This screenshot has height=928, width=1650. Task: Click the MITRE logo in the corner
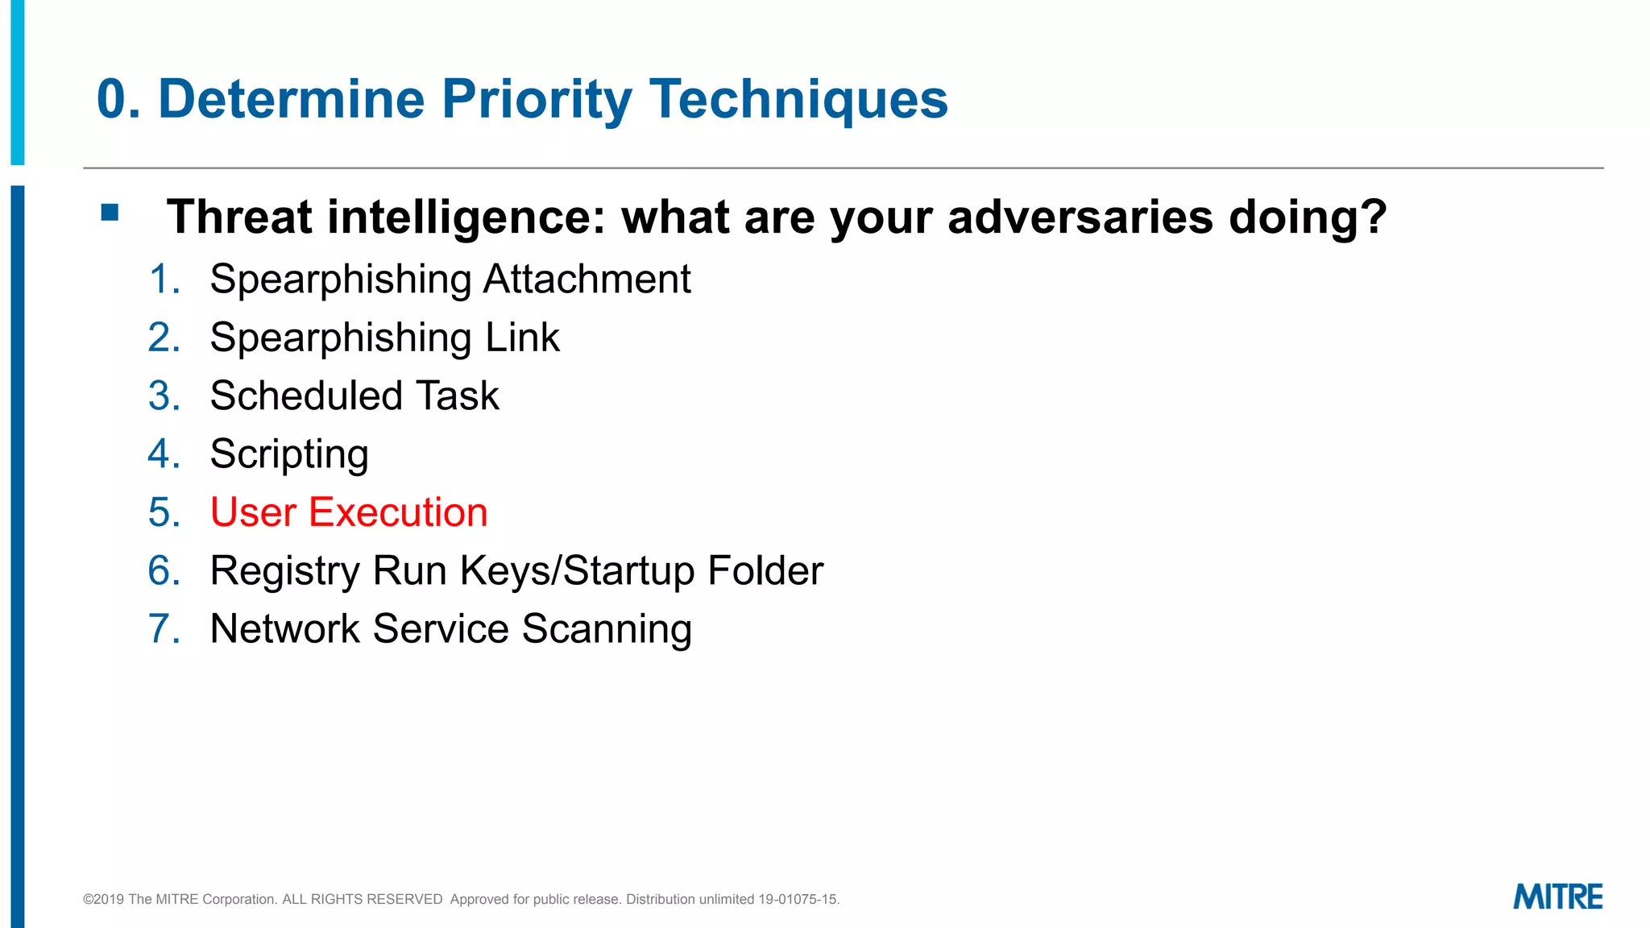(x=1557, y=897)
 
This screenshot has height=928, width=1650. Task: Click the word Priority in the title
(x=537, y=100)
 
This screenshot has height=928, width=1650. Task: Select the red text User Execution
(x=349, y=512)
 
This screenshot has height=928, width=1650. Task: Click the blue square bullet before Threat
(x=110, y=213)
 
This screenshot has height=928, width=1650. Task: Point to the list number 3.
(x=164, y=396)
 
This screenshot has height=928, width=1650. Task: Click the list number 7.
(x=164, y=629)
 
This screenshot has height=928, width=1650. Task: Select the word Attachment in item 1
(x=587, y=280)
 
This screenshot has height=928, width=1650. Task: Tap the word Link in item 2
(x=522, y=338)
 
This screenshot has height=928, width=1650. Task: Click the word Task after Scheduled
(x=458, y=396)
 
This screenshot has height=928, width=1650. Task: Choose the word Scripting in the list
(x=289, y=454)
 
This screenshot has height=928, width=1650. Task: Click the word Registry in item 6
(x=284, y=571)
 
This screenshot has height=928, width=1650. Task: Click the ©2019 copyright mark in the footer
(x=103, y=899)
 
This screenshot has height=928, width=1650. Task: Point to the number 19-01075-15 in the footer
(x=798, y=899)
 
